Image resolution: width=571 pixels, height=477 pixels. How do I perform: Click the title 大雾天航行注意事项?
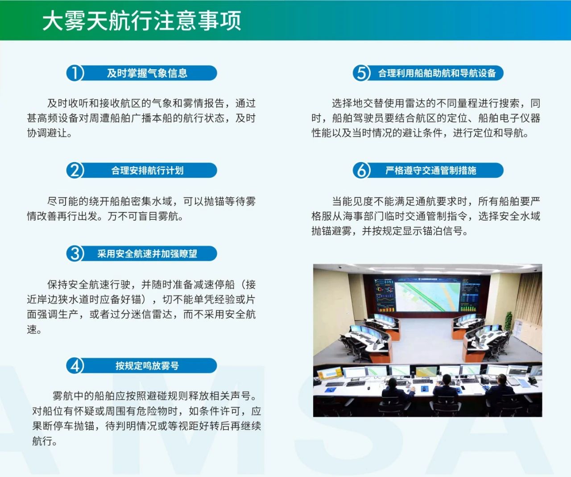click(x=142, y=21)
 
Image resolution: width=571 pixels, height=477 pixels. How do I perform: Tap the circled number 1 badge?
click(x=74, y=73)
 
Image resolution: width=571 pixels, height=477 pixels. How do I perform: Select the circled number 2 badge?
click(x=74, y=170)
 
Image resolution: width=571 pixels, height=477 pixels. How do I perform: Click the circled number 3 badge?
click(x=74, y=254)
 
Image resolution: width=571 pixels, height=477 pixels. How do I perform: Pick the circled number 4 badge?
click(x=74, y=365)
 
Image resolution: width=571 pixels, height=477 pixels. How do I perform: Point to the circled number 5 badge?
click(x=361, y=73)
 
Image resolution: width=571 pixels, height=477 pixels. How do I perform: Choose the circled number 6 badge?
click(x=361, y=170)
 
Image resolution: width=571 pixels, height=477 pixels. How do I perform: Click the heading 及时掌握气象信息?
click(x=147, y=73)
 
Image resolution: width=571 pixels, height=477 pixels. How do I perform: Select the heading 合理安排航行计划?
click(x=147, y=170)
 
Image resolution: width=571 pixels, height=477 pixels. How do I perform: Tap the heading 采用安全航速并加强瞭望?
click(x=147, y=254)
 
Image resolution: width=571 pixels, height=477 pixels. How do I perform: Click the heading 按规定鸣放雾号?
click(x=147, y=365)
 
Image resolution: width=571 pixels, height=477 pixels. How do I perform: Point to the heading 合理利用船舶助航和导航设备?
click(x=437, y=73)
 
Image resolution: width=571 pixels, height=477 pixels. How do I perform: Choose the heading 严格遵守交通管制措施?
click(x=431, y=170)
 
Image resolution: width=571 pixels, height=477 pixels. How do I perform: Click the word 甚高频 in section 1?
click(x=42, y=118)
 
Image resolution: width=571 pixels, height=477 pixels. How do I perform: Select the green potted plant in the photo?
click(x=508, y=322)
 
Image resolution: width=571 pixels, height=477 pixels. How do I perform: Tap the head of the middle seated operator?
click(x=446, y=380)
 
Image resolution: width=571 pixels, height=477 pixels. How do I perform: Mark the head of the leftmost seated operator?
click(x=393, y=382)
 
